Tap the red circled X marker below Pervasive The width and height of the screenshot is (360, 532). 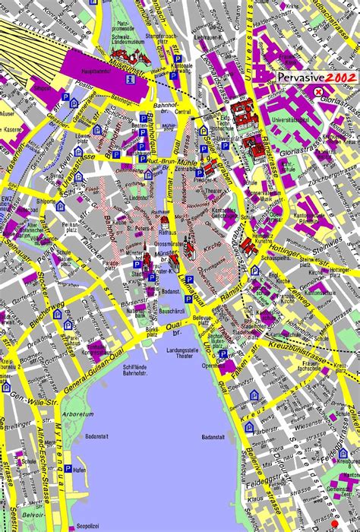[317, 92]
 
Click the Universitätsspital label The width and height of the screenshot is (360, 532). [297, 119]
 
